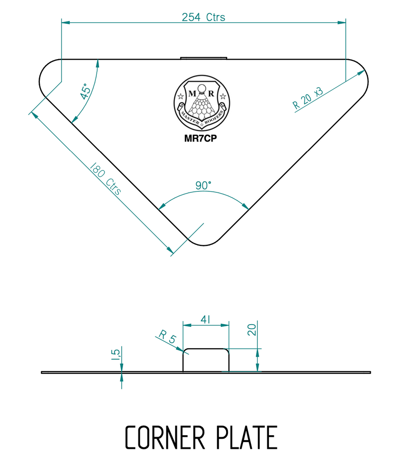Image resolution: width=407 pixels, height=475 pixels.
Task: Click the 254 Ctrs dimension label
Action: pyautogui.click(x=203, y=17)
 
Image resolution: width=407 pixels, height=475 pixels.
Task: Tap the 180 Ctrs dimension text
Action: pyautogui.click(x=106, y=179)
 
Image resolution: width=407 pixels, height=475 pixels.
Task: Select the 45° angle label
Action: pyautogui.click(x=85, y=92)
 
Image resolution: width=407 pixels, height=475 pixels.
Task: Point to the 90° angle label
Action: pyautogui.click(x=203, y=185)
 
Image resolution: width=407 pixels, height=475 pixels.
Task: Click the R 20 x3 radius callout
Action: pyautogui.click(x=308, y=98)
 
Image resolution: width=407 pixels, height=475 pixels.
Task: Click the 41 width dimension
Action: pyautogui.click(x=205, y=320)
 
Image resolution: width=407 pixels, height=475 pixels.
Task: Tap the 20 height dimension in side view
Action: pyautogui.click(x=252, y=329)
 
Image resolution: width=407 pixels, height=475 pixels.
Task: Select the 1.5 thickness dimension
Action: pyautogui.click(x=116, y=354)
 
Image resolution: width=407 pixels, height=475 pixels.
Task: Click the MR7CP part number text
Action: pyautogui.click(x=201, y=139)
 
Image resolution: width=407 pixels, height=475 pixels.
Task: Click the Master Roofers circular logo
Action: pyautogui.click(x=202, y=102)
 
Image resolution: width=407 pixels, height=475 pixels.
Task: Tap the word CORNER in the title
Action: pyautogui.click(x=165, y=437)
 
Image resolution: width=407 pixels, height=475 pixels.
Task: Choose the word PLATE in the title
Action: pyautogui.click(x=247, y=437)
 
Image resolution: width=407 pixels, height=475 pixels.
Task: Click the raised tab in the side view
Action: pyautogui.click(x=206, y=360)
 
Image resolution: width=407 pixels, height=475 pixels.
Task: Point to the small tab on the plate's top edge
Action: pyautogui.click(x=203, y=58)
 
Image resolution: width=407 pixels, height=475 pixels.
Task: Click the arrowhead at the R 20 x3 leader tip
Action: pyautogui.click(x=361, y=73)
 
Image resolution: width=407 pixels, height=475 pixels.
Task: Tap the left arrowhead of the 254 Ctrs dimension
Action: pyautogui.click(x=66, y=23)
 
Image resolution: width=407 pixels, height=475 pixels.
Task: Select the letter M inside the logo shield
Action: pyautogui.click(x=192, y=93)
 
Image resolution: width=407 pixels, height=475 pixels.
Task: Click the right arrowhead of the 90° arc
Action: pyautogui.click(x=245, y=206)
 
